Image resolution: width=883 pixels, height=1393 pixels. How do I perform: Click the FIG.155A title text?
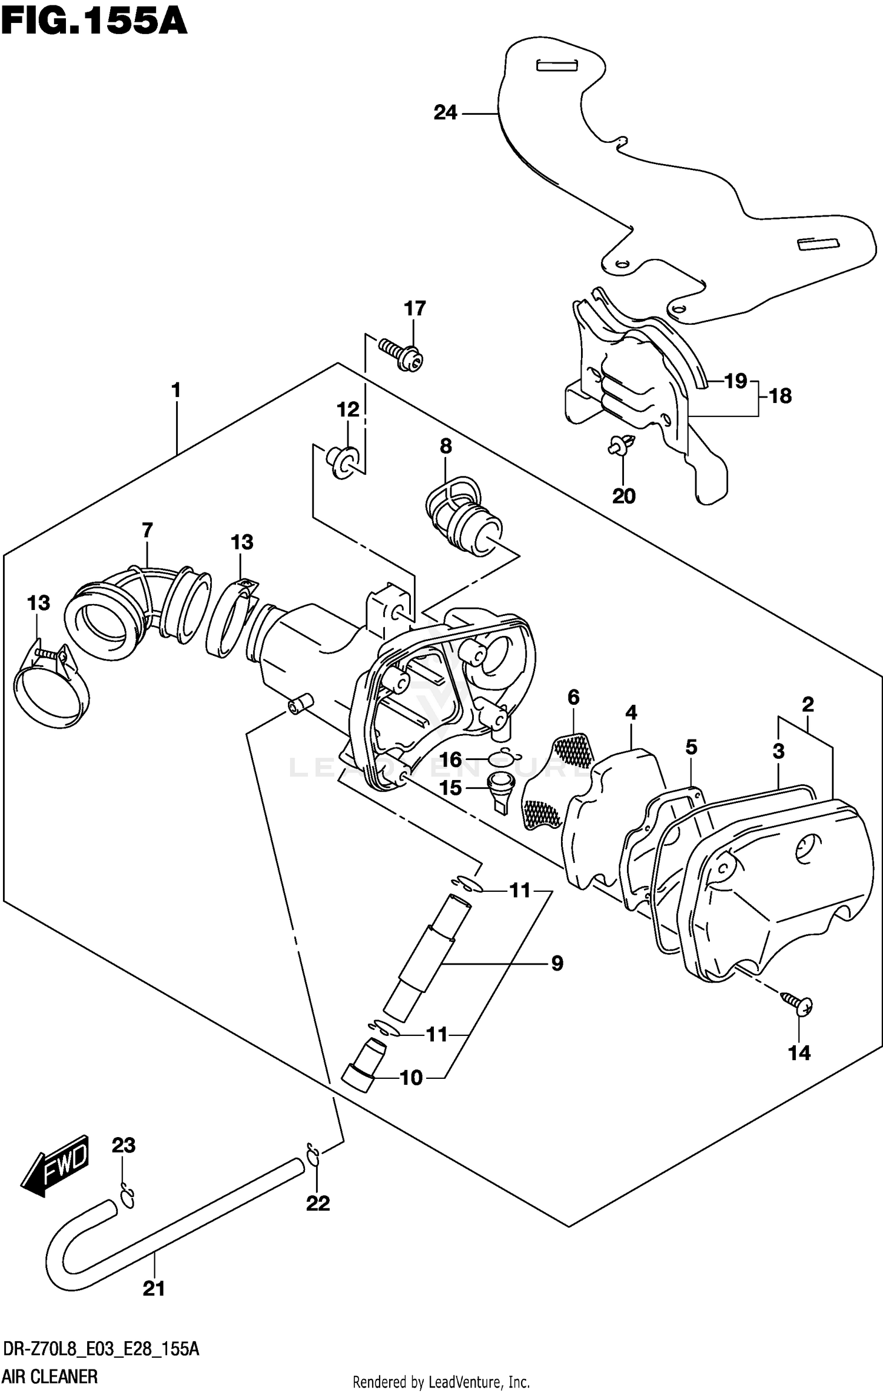(x=94, y=24)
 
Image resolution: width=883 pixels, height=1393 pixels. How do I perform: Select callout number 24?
(x=445, y=112)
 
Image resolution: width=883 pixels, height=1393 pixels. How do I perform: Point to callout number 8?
(x=446, y=446)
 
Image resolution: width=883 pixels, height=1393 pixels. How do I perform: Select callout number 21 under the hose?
(x=154, y=1289)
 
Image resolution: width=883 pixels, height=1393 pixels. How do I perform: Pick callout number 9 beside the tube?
(x=557, y=963)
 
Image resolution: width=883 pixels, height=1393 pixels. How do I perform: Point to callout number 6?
(x=573, y=697)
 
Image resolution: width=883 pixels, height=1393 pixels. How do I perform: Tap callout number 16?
(x=450, y=759)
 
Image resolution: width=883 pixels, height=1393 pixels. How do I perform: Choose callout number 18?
(x=780, y=396)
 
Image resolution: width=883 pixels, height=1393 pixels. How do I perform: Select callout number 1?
(x=175, y=390)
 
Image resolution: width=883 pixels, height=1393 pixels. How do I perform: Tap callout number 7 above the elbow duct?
(x=147, y=530)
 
